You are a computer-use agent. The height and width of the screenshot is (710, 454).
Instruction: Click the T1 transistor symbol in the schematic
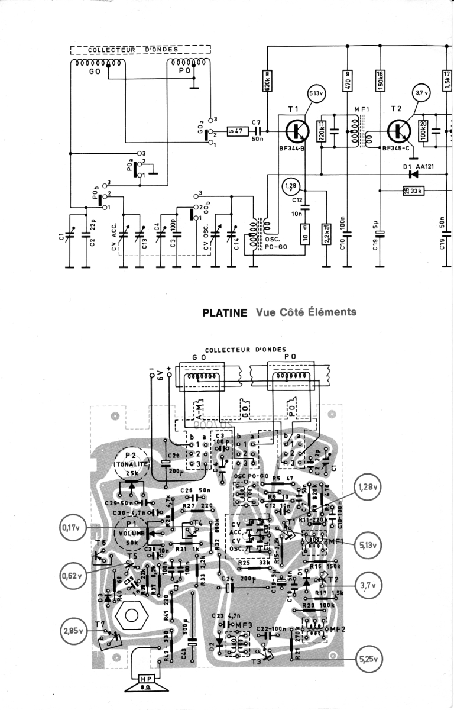click(x=294, y=131)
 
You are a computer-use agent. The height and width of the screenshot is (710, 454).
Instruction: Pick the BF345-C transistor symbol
click(x=400, y=131)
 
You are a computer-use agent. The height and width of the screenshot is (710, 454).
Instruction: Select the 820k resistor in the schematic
click(x=267, y=81)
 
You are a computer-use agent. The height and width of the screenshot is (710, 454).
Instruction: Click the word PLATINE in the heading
click(x=224, y=313)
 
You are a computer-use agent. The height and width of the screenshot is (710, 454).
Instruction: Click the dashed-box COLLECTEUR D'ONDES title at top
click(x=140, y=49)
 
